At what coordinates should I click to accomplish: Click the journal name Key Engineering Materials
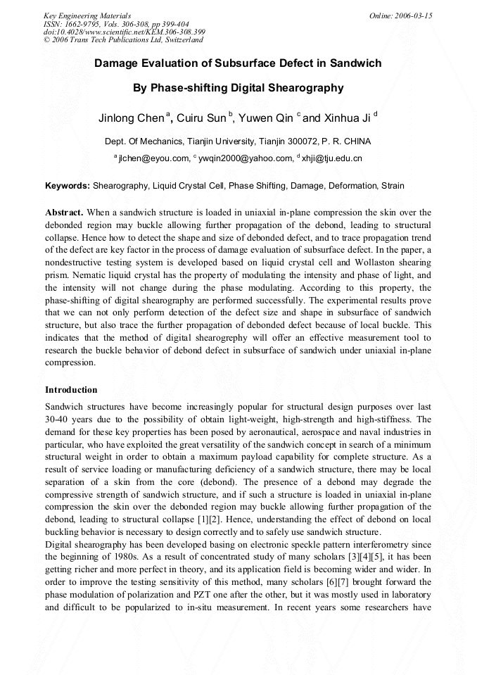click(x=87, y=15)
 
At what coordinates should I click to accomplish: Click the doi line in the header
click(x=124, y=32)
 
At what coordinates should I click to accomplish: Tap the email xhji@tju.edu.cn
click(x=331, y=158)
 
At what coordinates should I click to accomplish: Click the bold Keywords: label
click(x=68, y=186)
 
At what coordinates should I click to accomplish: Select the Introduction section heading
click(x=71, y=389)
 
